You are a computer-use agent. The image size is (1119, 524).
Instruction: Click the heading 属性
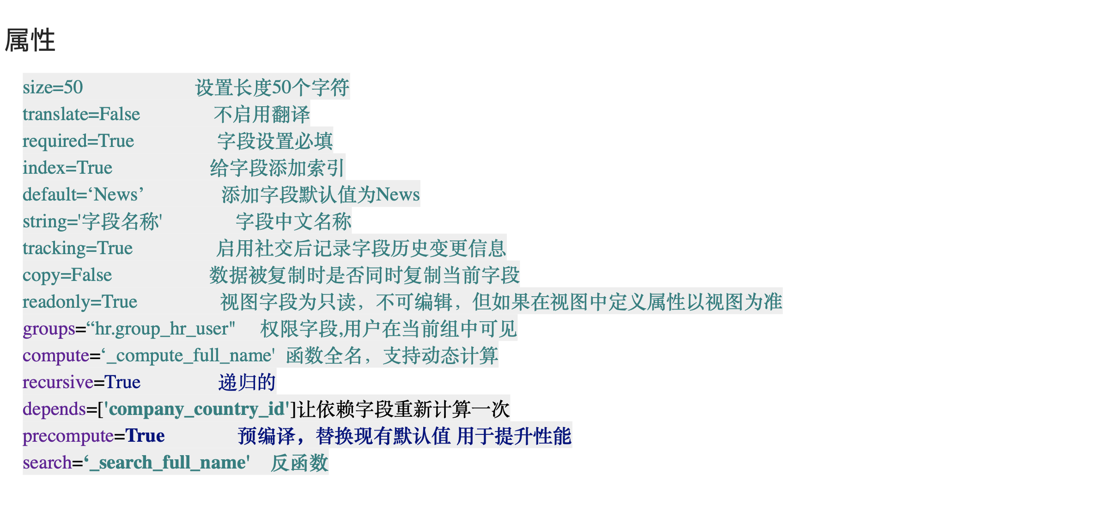[30, 40]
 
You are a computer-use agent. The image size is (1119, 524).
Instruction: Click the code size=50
[53, 87]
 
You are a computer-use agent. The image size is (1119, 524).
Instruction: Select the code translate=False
[81, 114]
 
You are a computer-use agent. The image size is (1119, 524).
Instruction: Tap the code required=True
[78, 140]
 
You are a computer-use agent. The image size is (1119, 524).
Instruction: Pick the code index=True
[67, 167]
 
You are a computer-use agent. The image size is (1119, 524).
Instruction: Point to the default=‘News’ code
[83, 194]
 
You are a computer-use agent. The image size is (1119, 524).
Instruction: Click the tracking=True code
[78, 248]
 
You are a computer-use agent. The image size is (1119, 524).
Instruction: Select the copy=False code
[67, 275]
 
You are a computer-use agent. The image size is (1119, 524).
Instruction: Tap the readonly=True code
[80, 302]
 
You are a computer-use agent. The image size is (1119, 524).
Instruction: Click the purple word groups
[49, 329]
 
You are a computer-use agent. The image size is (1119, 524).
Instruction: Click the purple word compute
[56, 355]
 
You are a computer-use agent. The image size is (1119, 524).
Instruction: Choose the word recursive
[58, 382]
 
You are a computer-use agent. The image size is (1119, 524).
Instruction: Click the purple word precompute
[68, 436]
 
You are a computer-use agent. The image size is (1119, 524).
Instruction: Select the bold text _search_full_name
[167, 463]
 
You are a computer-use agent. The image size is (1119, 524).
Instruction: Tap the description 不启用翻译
[262, 114]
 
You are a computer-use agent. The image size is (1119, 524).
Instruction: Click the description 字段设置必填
[275, 140]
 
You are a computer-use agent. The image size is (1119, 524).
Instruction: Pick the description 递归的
[247, 382]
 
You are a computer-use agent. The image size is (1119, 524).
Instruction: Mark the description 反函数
[299, 463]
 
